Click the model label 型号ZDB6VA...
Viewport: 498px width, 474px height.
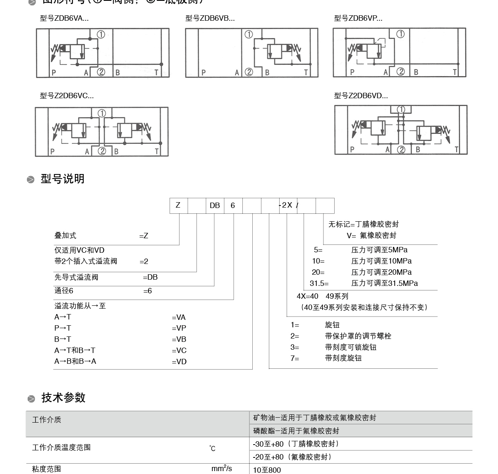tap(64, 18)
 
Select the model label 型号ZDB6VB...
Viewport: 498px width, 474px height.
tap(210, 18)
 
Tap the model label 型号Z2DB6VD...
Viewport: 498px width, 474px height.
tap(361, 96)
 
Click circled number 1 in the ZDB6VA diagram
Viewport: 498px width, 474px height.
tap(101, 34)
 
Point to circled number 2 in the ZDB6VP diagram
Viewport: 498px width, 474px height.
tap(400, 72)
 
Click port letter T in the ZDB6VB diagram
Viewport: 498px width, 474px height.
tap(306, 73)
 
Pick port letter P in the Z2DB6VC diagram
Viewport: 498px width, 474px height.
tap(52, 152)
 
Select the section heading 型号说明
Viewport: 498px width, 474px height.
tap(62, 179)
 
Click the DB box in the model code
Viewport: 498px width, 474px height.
tap(215, 206)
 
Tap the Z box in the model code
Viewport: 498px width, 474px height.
tap(178, 206)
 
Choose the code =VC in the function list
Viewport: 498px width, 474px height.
tap(179, 351)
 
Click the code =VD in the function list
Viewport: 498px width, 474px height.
tap(179, 362)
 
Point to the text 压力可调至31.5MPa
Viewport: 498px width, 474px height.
tap(384, 283)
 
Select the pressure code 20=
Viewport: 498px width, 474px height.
tap(318, 272)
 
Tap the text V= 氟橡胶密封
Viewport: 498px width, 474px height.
tap(371, 235)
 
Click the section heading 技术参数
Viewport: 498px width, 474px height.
tap(63, 398)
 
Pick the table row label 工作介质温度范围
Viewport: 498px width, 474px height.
tap(61, 447)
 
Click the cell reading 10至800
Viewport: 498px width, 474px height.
tap(267, 470)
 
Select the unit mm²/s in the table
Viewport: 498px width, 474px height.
tap(222, 469)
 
